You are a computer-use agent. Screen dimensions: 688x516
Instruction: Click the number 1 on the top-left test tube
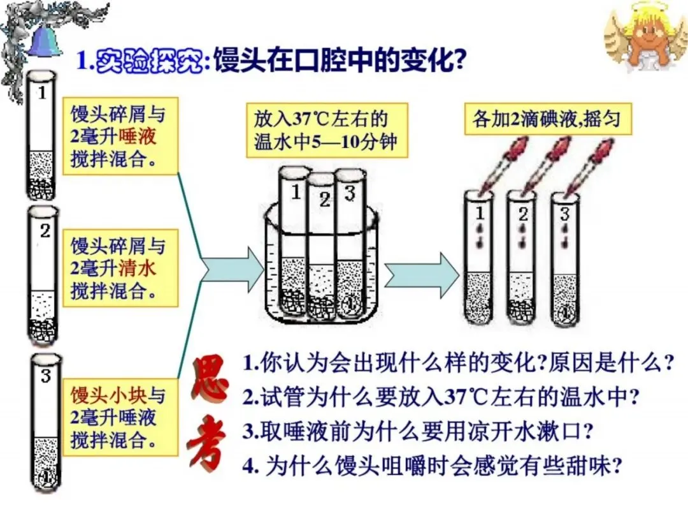point(42,93)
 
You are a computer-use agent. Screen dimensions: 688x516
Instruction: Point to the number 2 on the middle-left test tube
point(45,231)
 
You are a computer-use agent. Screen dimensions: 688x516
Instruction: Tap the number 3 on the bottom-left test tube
point(46,376)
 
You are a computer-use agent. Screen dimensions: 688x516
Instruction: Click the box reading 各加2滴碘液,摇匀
point(548,119)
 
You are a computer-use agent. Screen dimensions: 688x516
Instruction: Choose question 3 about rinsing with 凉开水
point(417,431)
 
